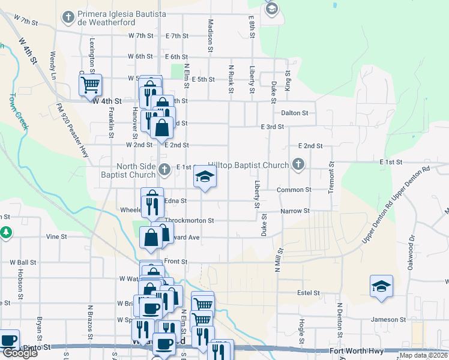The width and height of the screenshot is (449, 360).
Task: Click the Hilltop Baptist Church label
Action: click(x=249, y=165)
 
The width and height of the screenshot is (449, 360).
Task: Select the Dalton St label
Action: click(x=294, y=113)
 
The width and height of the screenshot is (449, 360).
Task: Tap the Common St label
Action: click(x=294, y=190)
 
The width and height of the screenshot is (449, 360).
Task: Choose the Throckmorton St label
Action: click(x=189, y=220)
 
